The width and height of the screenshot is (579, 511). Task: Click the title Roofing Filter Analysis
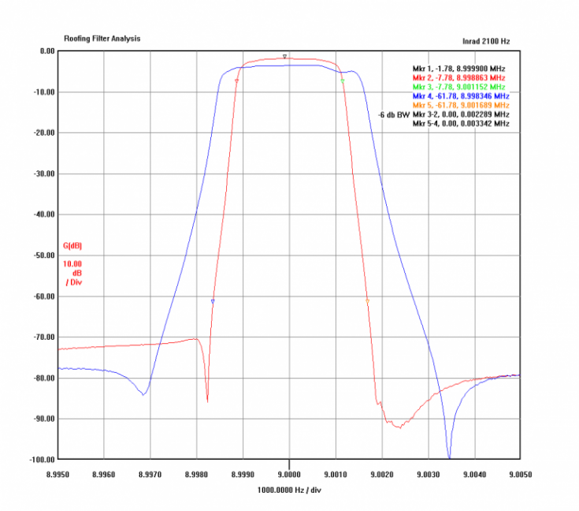click(x=102, y=37)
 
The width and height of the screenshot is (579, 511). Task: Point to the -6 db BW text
click(x=394, y=114)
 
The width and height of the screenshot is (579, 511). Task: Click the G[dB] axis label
click(x=72, y=245)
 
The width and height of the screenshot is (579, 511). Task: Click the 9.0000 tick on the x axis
click(x=289, y=475)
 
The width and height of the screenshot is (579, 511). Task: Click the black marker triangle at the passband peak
click(x=284, y=56)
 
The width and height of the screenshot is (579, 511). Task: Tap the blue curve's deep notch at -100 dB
click(x=449, y=457)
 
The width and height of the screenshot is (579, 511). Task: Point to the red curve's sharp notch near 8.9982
click(x=207, y=401)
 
